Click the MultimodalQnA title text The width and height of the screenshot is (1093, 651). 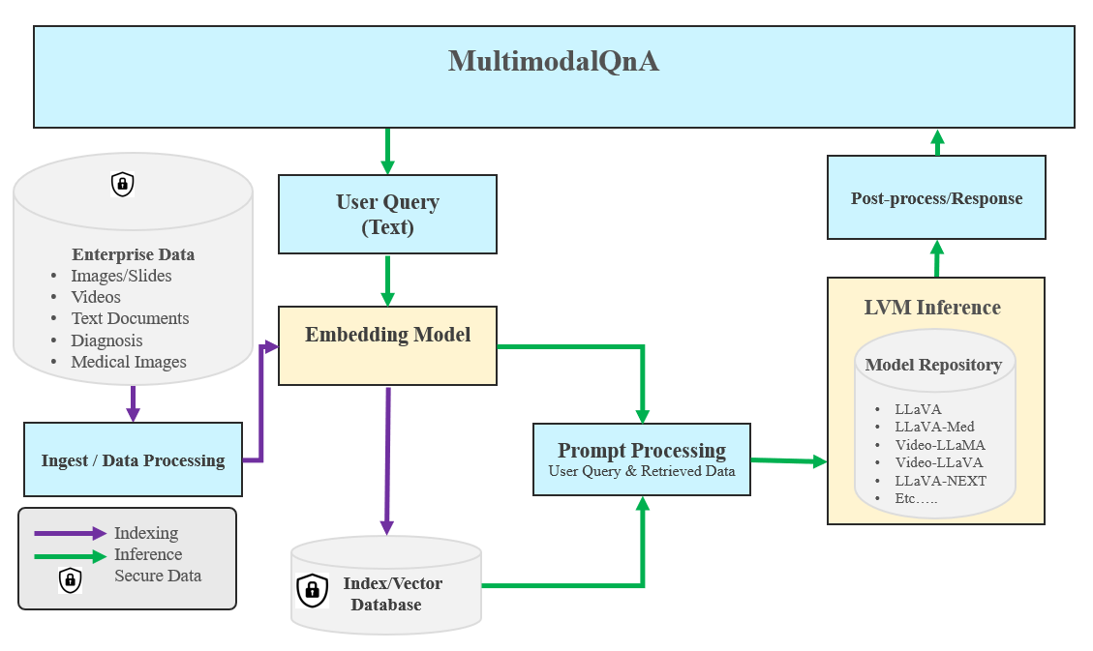point(553,61)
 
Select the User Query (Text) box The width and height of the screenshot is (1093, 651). point(387,214)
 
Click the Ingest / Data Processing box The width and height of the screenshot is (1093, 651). point(133,459)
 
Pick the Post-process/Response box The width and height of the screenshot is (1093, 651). point(936,197)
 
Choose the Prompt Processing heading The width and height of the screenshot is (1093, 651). point(642,450)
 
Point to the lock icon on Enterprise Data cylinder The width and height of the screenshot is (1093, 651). point(122,184)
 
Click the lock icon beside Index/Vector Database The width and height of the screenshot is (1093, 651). point(313,589)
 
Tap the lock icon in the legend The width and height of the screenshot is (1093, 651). point(70,579)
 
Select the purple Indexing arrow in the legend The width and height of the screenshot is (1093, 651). point(70,533)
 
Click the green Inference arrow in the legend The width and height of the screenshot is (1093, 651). point(70,556)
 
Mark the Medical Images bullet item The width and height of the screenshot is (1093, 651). point(129,362)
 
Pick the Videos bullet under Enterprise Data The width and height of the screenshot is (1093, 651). point(96,297)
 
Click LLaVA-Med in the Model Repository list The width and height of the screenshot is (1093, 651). point(934,427)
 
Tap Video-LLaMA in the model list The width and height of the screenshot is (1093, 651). point(940,445)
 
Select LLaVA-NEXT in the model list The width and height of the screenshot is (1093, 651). point(940,480)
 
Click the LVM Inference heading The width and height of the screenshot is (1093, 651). point(932,308)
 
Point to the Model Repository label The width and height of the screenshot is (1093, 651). point(933,365)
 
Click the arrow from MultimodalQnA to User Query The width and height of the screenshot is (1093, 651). point(387,151)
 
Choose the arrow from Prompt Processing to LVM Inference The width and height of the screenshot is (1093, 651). point(789,461)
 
